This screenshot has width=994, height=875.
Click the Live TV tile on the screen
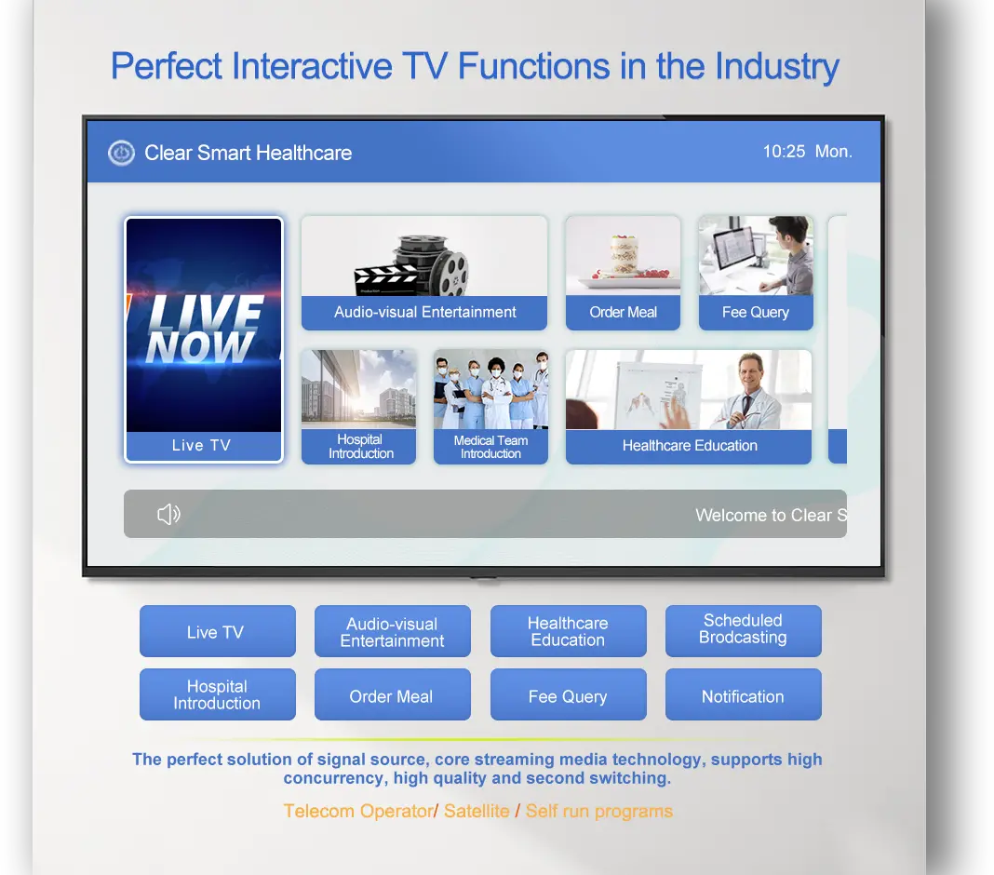click(x=204, y=340)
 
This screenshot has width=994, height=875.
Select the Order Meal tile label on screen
click(x=624, y=312)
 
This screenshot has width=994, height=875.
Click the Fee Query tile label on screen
click(x=756, y=313)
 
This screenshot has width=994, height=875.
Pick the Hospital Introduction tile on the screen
click(x=359, y=407)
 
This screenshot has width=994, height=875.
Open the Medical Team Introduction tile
click(x=490, y=407)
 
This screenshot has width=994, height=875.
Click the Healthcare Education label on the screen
click(x=690, y=446)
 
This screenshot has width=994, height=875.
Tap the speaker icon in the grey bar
click(x=168, y=514)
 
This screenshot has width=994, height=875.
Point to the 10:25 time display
click(x=784, y=152)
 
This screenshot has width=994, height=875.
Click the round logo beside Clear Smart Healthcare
click(x=121, y=153)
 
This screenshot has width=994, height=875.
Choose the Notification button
click(x=743, y=694)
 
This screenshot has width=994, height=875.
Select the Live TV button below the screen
click(x=218, y=631)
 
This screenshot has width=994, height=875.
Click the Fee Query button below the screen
click(x=568, y=694)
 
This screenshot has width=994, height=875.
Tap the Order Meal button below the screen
click(x=393, y=694)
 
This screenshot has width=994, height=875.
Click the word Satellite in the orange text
click(x=477, y=811)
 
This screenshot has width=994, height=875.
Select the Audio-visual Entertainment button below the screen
click(x=393, y=631)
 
